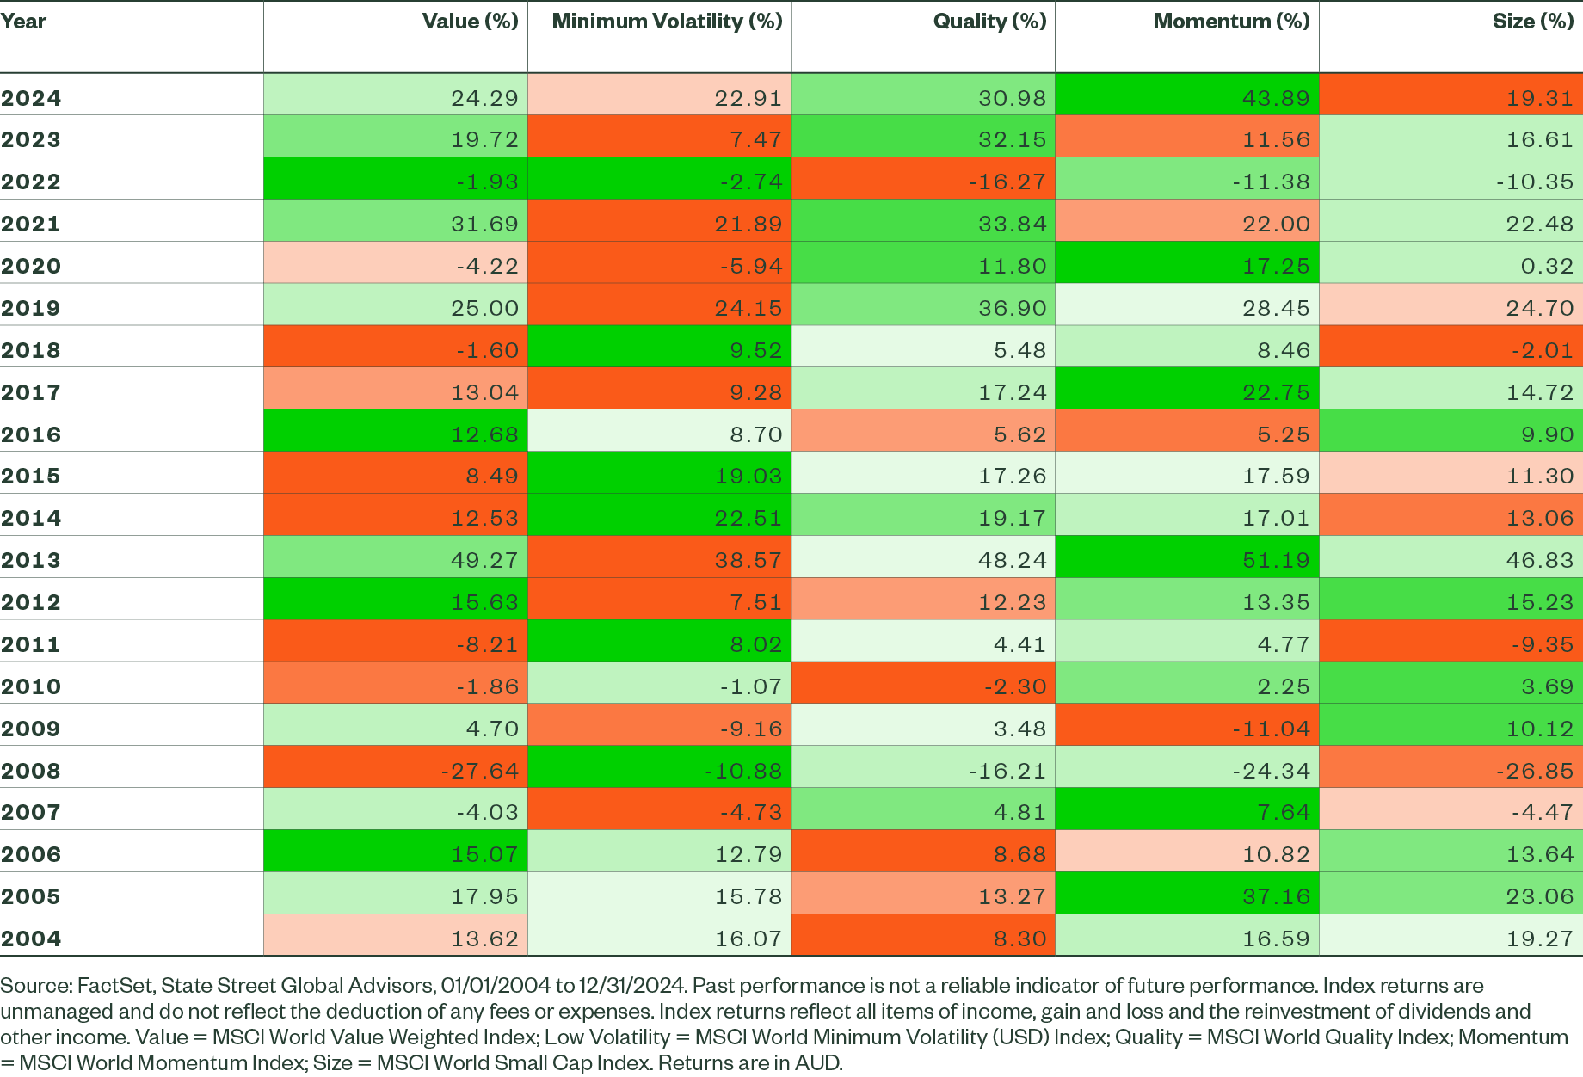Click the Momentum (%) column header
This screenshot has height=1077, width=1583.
[x=1231, y=22]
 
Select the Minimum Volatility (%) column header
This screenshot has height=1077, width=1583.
[x=667, y=22]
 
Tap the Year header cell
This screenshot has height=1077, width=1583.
[x=23, y=22]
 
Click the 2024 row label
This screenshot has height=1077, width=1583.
[x=31, y=98]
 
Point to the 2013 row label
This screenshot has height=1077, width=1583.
[x=31, y=560]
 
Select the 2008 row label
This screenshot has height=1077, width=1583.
[x=31, y=771]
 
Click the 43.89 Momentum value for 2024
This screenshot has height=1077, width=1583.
[x=1275, y=98]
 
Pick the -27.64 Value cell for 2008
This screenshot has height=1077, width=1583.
[x=479, y=771]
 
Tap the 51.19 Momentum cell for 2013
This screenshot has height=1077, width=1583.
[x=1275, y=560]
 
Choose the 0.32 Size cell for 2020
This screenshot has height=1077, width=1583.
[x=1546, y=266]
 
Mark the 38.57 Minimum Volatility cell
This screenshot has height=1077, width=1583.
[x=748, y=560]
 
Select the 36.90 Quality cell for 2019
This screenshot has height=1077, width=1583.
[x=1012, y=308]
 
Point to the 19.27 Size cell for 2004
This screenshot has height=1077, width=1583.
[x=1539, y=939]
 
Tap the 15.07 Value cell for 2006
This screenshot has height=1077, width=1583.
[x=484, y=854]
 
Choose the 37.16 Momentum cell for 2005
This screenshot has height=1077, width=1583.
[x=1275, y=896]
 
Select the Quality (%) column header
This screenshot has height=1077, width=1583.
[x=989, y=22]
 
